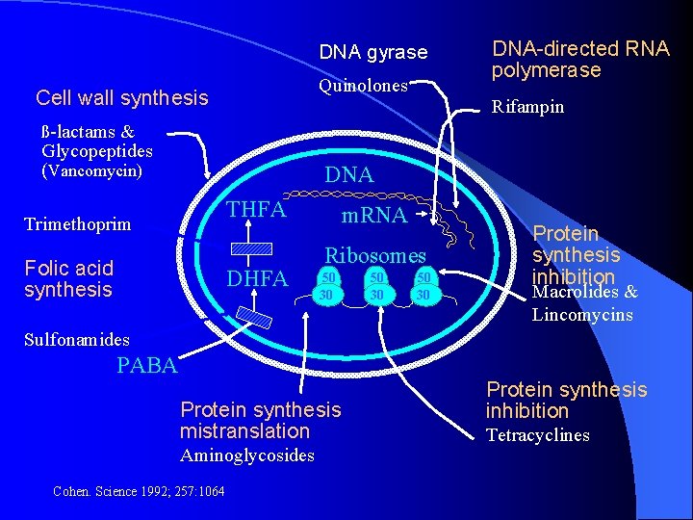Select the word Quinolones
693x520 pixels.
click(x=363, y=86)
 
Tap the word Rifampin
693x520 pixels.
click(x=527, y=107)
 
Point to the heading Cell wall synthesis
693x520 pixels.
click(x=121, y=98)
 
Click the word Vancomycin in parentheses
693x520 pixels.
click(x=91, y=171)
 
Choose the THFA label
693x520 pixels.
click(x=256, y=209)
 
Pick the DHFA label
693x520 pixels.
click(x=256, y=279)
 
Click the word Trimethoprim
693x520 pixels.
click(x=77, y=223)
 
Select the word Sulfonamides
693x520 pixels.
click(x=77, y=339)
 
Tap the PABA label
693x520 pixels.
click(x=146, y=366)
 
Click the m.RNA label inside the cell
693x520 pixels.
click(x=375, y=216)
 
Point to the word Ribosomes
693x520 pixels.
click(x=374, y=255)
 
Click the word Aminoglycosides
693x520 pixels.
click(x=247, y=455)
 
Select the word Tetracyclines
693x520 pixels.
click(x=537, y=435)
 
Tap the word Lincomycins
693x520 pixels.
click(x=582, y=314)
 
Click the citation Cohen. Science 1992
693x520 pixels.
click(x=139, y=492)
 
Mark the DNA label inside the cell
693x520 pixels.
click(x=348, y=174)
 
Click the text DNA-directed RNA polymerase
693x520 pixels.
click(x=579, y=59)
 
